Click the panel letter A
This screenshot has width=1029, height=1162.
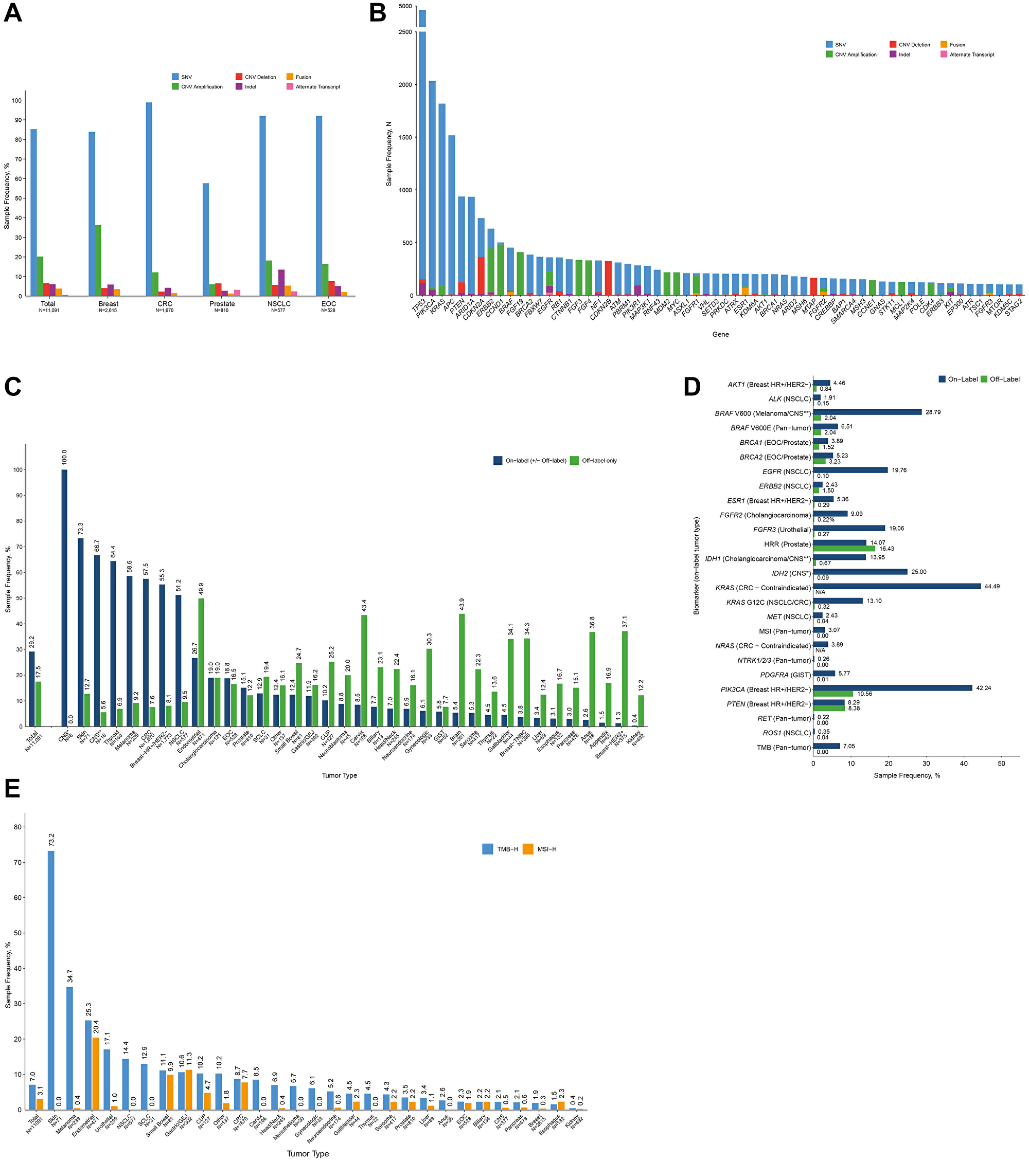(12, 13)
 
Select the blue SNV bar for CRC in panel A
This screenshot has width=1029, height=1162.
(149, 199)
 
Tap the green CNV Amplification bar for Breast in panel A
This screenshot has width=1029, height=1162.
(98, 260)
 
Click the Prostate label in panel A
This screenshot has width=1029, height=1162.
(222, 303)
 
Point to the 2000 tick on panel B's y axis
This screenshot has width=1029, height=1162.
(405, 85)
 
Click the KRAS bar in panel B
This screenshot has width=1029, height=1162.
(441, 199)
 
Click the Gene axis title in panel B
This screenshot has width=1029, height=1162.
(720, 334)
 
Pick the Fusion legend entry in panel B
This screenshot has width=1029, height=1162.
(957, 44)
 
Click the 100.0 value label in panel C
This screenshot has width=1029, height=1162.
(64, 457)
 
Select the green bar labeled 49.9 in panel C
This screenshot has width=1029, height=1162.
(201, 662)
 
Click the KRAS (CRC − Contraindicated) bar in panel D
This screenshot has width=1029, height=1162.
(896, 586)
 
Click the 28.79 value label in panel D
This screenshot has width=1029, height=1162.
(933, 412)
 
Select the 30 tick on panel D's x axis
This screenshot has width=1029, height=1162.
(926, 764)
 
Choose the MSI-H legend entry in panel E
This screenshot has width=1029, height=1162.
(546, 849)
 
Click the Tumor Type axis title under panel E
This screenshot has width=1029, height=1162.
(307, 1153)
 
